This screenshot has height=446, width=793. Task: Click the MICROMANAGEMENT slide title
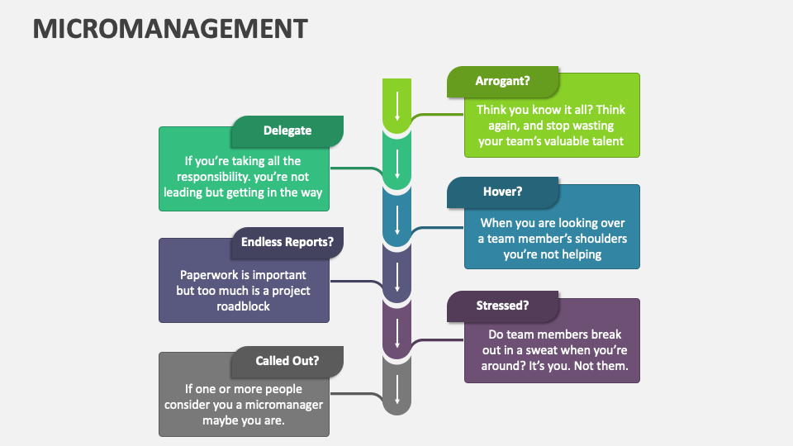tap(169, 28)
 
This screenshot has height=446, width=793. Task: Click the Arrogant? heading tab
tap(503, 81)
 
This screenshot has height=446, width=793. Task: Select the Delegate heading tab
tap(287, 130)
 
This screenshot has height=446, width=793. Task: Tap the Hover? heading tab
tap(503, 192)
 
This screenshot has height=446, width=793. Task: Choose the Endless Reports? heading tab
tap(287, 242)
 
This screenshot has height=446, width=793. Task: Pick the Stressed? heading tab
tap(503, 306)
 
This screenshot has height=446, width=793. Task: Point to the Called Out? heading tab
tap(287, 360)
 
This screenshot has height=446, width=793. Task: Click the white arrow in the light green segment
tap(397, 107)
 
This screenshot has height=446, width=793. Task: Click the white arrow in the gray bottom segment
tap(397, 389)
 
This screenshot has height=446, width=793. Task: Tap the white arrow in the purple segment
tap(397, 332)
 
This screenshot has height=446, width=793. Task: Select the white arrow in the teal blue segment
tap(397, 220)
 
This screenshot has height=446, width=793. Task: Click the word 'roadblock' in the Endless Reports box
tap(244, 306)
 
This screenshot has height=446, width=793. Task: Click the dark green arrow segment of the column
tap(397, 164)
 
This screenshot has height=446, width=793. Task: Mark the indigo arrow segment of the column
tap(397, 276)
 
